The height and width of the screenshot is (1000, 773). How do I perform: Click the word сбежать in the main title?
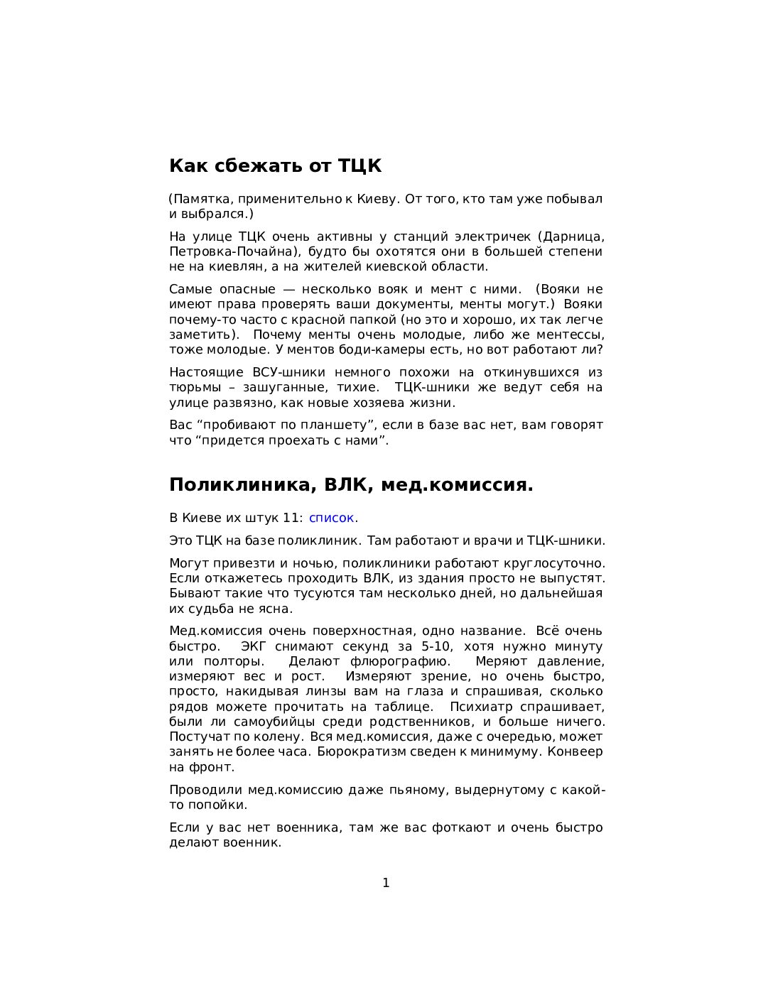pyautogui.click(x=250, y=166)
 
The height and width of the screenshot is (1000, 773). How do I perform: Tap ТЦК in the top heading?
pyautogui.click(x=360, y=166)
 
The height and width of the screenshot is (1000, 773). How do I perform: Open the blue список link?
pyautogui.click(x=331, y=518)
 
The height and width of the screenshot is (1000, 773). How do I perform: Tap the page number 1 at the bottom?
pyautogui.click(x=386, y=883)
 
